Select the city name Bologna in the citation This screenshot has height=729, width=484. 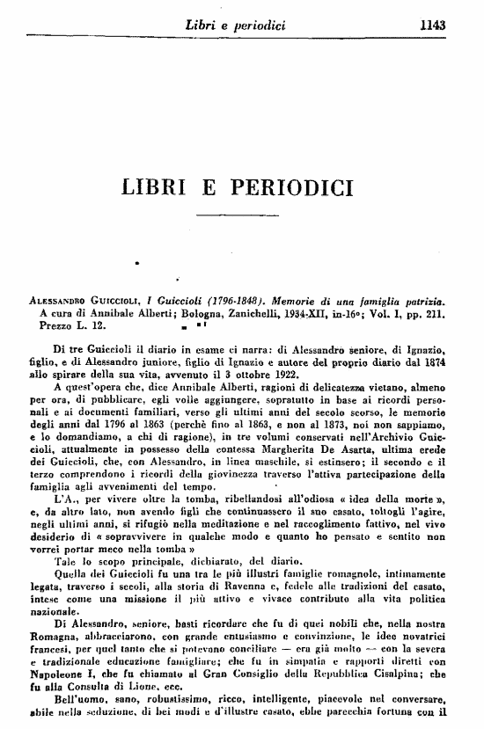[x=204, y=310]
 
